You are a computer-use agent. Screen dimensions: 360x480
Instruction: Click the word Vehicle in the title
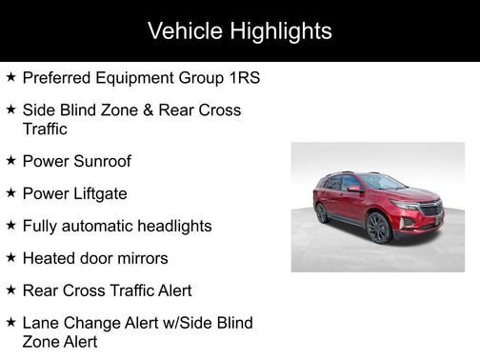(184, 30)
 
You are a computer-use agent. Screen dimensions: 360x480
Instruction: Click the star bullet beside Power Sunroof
(10, 161)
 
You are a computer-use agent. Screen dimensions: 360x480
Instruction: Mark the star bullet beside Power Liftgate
(10, 193)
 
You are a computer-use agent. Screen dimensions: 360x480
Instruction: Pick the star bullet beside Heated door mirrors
(10, 258)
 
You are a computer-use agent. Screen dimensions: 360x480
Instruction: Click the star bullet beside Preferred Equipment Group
(10, 77)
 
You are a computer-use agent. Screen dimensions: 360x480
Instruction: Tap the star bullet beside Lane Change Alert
(10, 323)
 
